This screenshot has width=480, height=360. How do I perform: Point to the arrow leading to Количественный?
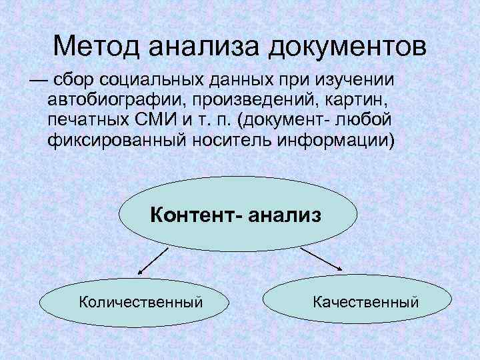tap(154, 260)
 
